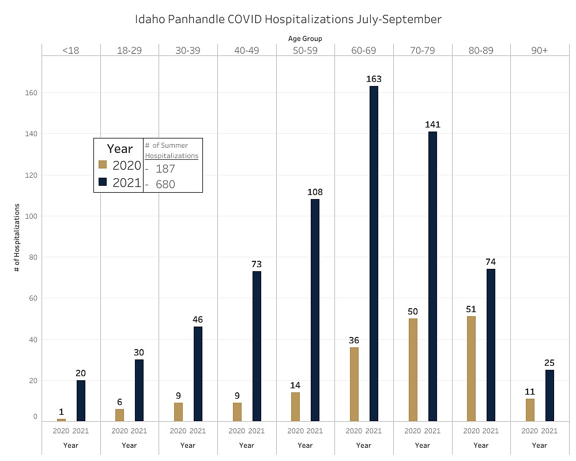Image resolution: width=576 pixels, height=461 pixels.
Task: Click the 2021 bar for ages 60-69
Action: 374,254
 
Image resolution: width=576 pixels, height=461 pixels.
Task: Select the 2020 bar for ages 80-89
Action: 471,369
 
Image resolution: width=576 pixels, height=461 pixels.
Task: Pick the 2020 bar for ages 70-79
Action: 413,370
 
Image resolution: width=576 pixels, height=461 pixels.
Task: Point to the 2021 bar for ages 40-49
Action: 257,346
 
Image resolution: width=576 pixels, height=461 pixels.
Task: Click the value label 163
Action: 374,78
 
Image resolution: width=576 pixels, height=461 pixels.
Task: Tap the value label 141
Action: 432,124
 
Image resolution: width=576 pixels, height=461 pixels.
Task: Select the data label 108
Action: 315,192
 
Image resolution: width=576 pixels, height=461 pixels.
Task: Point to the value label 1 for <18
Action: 61,411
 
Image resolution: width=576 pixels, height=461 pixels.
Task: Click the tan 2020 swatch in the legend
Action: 103,165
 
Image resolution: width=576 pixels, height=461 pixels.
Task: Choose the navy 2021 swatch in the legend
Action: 103,182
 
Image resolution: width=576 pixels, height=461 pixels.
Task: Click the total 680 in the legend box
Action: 165,185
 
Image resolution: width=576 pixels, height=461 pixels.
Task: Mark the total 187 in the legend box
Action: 165,169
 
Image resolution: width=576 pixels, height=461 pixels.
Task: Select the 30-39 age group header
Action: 188,51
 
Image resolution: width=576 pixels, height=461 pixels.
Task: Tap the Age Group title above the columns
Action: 305,39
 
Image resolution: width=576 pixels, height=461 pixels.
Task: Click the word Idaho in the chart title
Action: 149,19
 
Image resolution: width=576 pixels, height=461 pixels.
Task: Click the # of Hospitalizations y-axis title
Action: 17,237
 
